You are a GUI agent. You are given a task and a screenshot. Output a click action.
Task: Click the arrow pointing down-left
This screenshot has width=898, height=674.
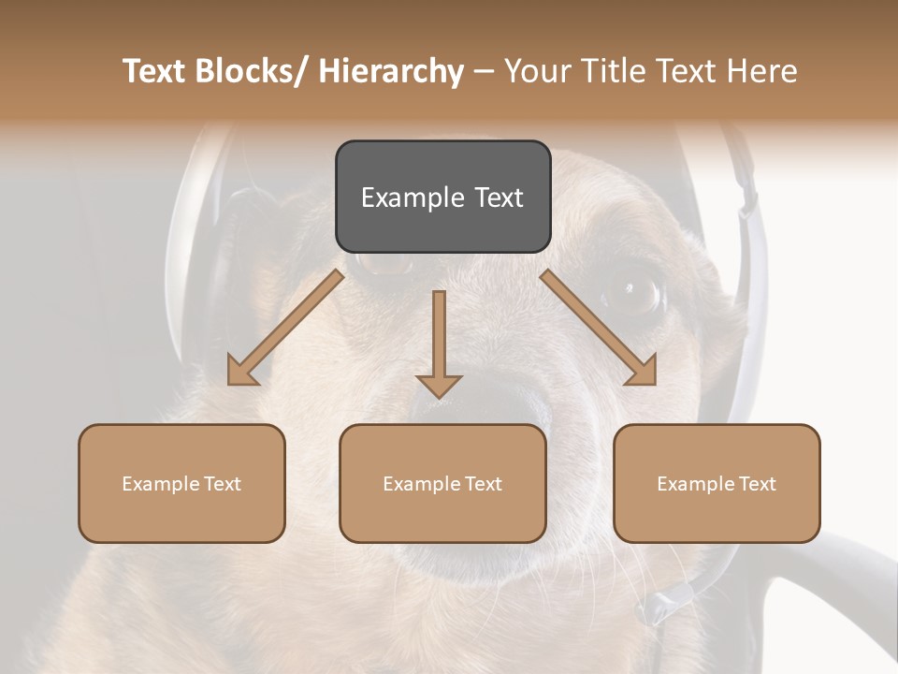(x=286, y=328)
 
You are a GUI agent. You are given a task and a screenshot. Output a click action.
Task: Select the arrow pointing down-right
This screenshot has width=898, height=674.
(x=600, y=328)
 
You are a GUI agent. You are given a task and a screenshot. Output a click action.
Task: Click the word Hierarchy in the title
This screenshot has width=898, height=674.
(x=391, y=71)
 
